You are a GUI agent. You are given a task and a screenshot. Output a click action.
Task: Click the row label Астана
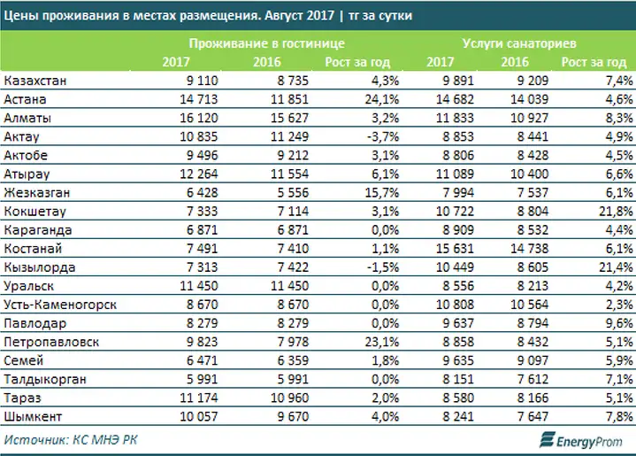point(25,99)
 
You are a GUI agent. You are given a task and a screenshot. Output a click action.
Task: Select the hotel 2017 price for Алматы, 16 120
point(199,118)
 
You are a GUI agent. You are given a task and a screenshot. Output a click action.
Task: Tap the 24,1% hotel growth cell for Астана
point(381,99)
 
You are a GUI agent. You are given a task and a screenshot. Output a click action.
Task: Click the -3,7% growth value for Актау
point(383,137)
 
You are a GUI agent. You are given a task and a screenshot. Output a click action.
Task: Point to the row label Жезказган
point(37,192)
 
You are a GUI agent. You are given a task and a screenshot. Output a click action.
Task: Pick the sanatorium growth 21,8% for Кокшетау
point(617,211)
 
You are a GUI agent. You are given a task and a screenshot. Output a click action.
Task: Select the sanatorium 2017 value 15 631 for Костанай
point(455,249)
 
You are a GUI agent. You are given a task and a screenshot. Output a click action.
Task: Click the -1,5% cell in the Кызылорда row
point(383,267)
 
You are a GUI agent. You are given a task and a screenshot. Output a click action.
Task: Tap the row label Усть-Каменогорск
point(60,305)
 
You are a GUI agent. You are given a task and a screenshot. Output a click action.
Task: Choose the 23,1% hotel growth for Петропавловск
point(381,342)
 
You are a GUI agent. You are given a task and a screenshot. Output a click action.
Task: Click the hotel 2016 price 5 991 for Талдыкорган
point(293,379)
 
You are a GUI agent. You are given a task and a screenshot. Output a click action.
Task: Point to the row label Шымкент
point(33,417)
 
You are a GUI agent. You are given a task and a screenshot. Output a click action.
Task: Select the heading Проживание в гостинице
point(267,43)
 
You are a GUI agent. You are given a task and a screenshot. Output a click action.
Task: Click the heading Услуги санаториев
point(519,43)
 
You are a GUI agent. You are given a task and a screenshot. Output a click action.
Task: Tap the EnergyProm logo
point(581,440)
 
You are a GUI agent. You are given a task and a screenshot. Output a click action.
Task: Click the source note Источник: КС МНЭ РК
point(71,440)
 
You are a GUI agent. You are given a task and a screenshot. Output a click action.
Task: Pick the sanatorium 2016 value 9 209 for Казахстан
point(533,81)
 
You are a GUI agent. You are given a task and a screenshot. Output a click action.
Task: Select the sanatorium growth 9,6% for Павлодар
point(619,323)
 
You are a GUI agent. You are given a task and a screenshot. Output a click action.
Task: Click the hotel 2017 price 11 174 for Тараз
point(199,398)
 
